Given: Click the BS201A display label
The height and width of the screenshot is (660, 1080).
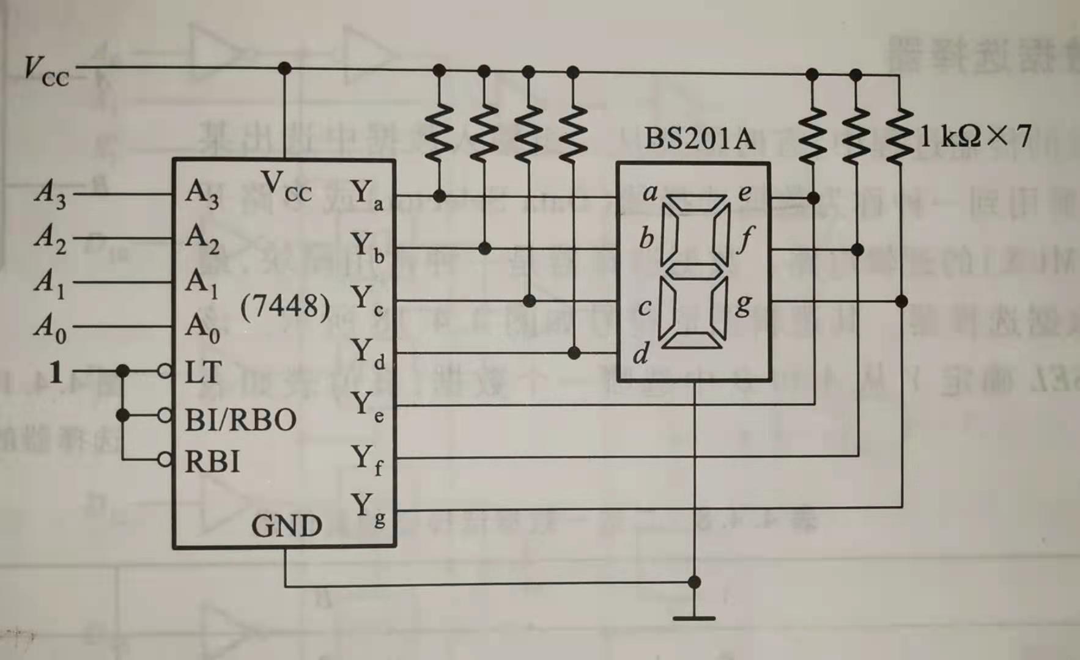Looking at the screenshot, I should click(x=700, y=139).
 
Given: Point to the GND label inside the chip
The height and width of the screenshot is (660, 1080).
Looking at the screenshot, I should click(x=286, y=526).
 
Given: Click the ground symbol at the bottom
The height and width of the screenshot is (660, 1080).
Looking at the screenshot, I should click(x=694, y=618).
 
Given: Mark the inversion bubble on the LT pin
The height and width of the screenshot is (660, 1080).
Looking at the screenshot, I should click(x=165, y=371).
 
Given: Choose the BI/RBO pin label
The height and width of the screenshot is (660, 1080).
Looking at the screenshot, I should click(x=240, y=420).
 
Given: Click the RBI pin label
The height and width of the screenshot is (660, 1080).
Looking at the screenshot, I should click(x=212, y=462).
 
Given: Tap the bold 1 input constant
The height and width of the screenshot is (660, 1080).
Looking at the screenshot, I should click(x=56, y=372).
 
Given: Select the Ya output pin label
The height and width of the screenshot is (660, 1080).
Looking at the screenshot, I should click(x=367, y=194).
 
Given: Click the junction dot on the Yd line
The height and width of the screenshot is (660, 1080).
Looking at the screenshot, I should click(x=574, y=353).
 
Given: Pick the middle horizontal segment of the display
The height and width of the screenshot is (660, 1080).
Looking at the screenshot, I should click(x=694, y=270).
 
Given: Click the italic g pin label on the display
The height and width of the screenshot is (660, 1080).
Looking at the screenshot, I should click(x=743, y=304).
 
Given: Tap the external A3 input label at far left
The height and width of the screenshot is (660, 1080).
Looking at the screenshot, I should click(x=50, y=193).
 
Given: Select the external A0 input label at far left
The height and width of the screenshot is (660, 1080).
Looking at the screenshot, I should click(x=50, y=327).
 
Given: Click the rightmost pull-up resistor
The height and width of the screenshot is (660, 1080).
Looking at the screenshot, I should click(x=900, y=136).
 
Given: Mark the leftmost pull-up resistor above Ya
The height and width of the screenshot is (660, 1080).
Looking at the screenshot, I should click(x=439, y=133).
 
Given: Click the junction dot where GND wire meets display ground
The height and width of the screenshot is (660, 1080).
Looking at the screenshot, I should click(x=694, y=582).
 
